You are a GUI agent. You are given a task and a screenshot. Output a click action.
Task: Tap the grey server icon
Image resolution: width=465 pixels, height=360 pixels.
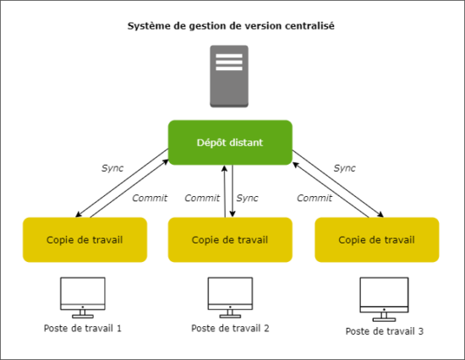pyautogui.click(x=230, y=78)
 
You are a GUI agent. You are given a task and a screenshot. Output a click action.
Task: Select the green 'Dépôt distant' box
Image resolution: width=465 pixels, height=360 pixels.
pyautogui.click(x=230, y=143)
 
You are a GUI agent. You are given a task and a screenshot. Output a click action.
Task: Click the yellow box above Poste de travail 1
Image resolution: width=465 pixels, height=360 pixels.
pyautogui.click(x=85, y=239)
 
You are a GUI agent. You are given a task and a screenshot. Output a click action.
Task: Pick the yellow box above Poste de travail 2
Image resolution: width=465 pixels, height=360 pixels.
pyautogui.click(x=230, y=239)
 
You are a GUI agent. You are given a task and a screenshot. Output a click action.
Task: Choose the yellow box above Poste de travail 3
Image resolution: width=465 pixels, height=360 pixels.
pyautogui.click(x=376, y=239)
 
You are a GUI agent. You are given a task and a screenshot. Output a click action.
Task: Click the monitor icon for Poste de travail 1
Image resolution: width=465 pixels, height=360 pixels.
pyautogui.click(x=83, y=294)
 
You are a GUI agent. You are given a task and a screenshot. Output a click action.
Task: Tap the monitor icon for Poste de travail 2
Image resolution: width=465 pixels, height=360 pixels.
pyautogui.click(x=230, y=294)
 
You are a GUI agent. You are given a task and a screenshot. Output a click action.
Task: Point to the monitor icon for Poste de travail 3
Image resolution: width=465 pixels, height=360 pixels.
pyautogui.click(x=379, y=297)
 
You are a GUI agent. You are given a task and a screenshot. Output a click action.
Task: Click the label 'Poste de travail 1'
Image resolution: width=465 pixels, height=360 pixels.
pyautogui.click(x=83, y=328)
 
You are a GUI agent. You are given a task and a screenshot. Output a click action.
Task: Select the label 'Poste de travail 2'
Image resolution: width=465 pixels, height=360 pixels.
pyautogui.click(x=230, y=328)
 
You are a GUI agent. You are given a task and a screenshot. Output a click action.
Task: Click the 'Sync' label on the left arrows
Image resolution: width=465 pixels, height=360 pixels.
pyautogui.click(x=112, y=168)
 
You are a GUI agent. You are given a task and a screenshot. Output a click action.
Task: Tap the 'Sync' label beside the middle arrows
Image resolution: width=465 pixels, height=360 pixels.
pyautogui.click(x=248, y=199)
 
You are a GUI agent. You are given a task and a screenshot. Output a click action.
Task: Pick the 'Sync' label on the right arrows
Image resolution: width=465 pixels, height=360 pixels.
pyautogui.click(x=344, y=168)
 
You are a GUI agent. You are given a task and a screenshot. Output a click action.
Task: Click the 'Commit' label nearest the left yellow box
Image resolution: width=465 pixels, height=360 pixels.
pyautogui.click(x=150, y=199)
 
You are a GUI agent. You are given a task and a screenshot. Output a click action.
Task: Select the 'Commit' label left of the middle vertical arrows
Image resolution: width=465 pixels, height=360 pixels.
pyautogui.click(x=202, y=199)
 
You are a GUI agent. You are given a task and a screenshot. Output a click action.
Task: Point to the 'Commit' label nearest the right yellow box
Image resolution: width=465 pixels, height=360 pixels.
pyautogui.click(x=314, y=199)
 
